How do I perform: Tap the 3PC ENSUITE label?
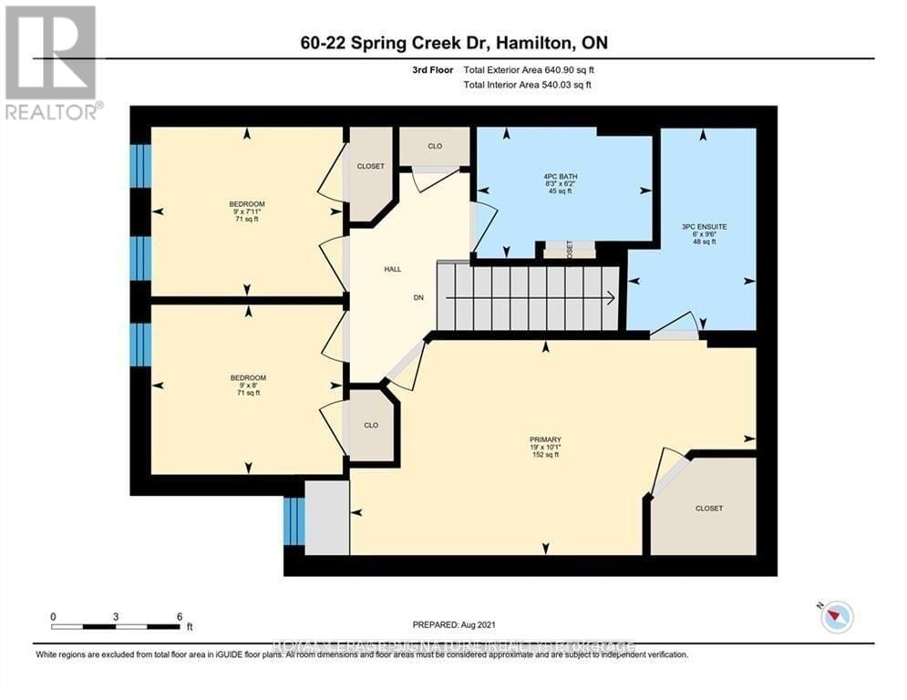click(708, 224)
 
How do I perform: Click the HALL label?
click(393, 269)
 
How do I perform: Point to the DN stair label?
click(393, 297)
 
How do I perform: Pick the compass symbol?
click(836, 617)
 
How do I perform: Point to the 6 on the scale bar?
click(179, 616)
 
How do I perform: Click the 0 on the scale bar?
click(54, 616)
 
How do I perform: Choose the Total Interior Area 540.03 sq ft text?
click(528, 85)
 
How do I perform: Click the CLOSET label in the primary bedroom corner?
click(708, 508)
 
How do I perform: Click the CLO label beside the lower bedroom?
click(371, 425)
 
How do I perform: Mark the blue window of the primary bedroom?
click(294, 522)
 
